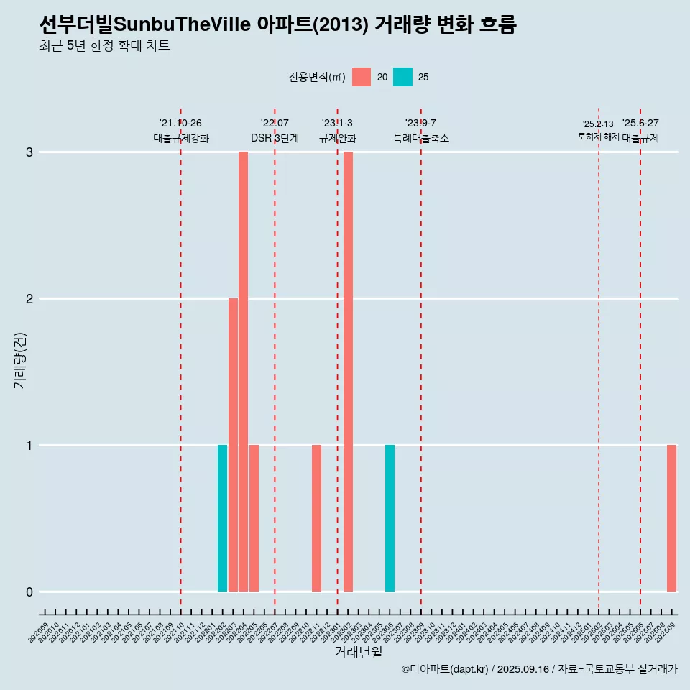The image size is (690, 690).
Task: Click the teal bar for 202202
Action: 222,518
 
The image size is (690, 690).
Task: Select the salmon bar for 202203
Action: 233,445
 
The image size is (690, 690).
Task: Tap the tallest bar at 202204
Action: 243,372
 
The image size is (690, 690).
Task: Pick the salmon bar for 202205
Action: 254,518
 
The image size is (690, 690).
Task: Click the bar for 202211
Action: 316,518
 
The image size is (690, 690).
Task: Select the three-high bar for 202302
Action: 348,372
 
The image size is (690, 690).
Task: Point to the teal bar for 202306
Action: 390,518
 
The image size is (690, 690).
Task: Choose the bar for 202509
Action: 671,518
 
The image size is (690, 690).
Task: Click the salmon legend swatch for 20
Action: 362,77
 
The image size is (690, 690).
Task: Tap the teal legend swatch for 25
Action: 403,77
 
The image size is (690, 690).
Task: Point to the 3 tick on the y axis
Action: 29,152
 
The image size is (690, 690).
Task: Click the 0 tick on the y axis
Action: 29,592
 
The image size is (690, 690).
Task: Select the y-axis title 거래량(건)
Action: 20,360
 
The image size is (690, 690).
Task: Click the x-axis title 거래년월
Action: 358,652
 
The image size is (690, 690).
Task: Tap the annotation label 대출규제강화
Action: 181,138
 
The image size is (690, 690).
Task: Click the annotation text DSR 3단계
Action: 275,138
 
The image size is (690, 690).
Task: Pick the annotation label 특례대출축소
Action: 421,138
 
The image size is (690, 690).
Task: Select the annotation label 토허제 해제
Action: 598,137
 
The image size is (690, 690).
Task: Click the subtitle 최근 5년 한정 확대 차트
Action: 104,46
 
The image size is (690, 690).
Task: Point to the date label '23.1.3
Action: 337,124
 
